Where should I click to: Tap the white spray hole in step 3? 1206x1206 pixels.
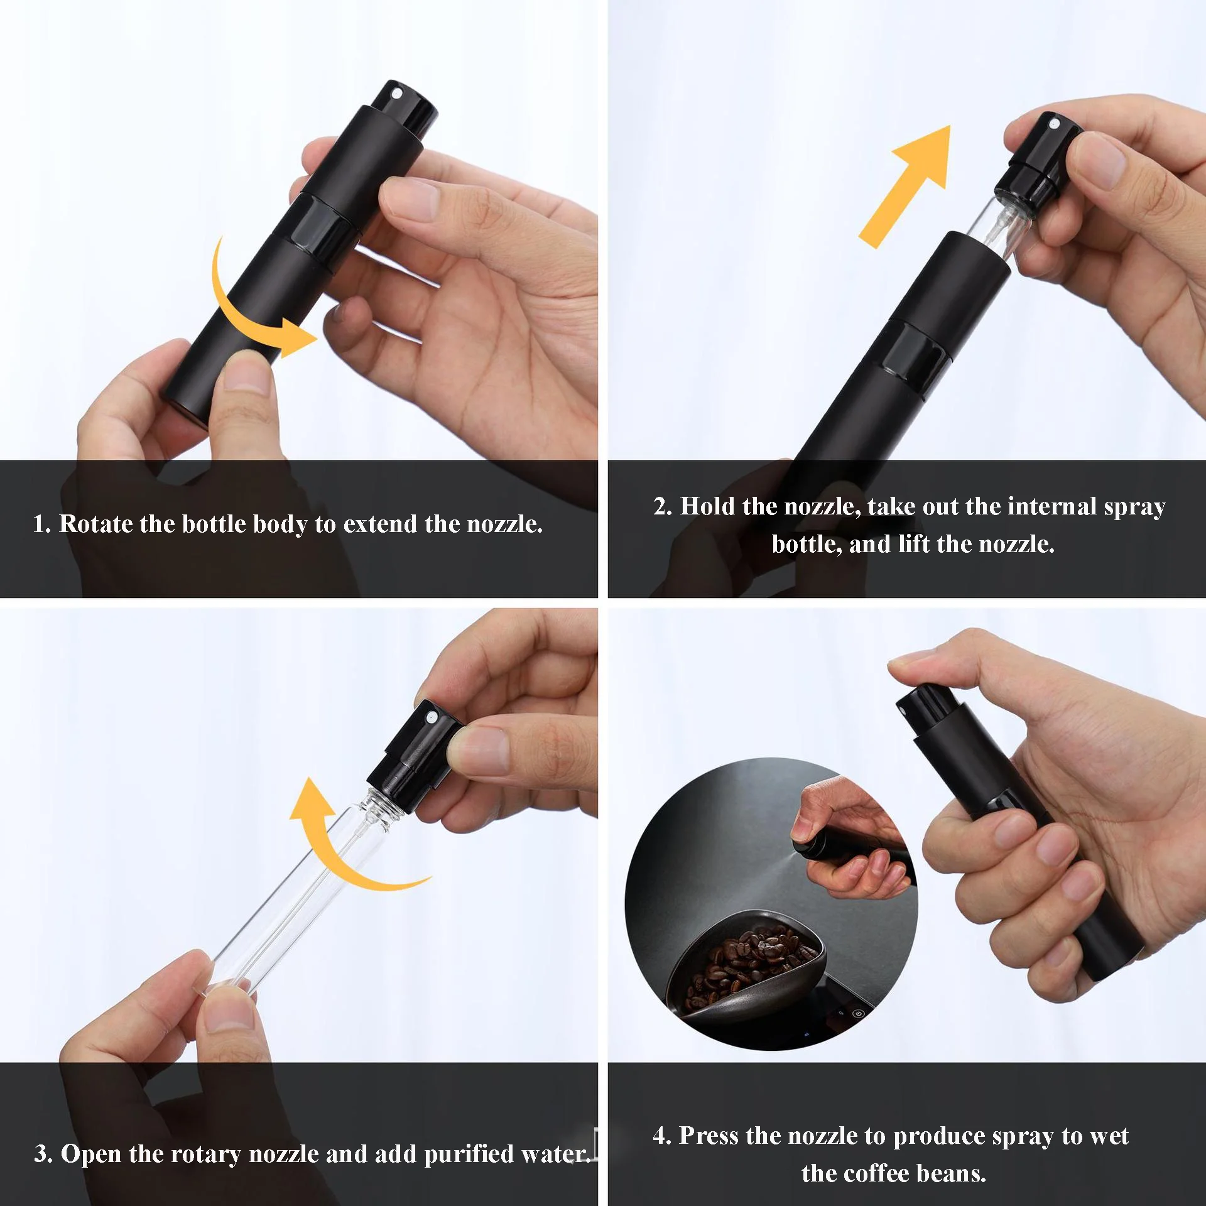pyautogui.click(x=432, y=717)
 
